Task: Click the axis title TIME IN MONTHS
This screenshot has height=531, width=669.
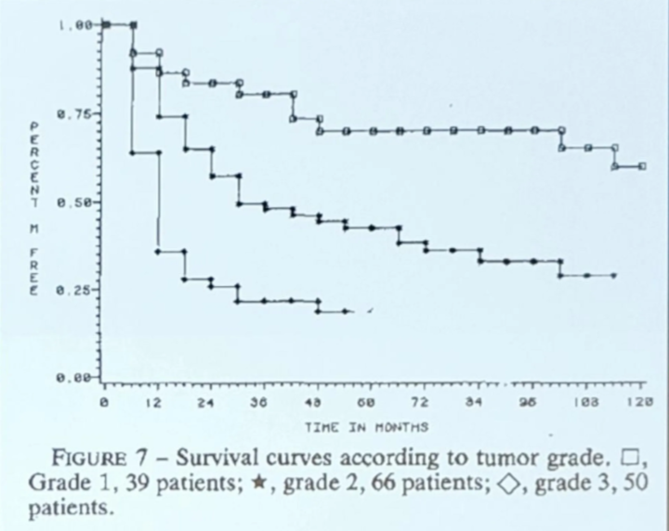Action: click(x=366, y=428)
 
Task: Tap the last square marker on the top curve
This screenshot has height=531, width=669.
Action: click(x=642, y=166)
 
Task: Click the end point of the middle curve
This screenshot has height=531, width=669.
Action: click(x=614, y=276)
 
